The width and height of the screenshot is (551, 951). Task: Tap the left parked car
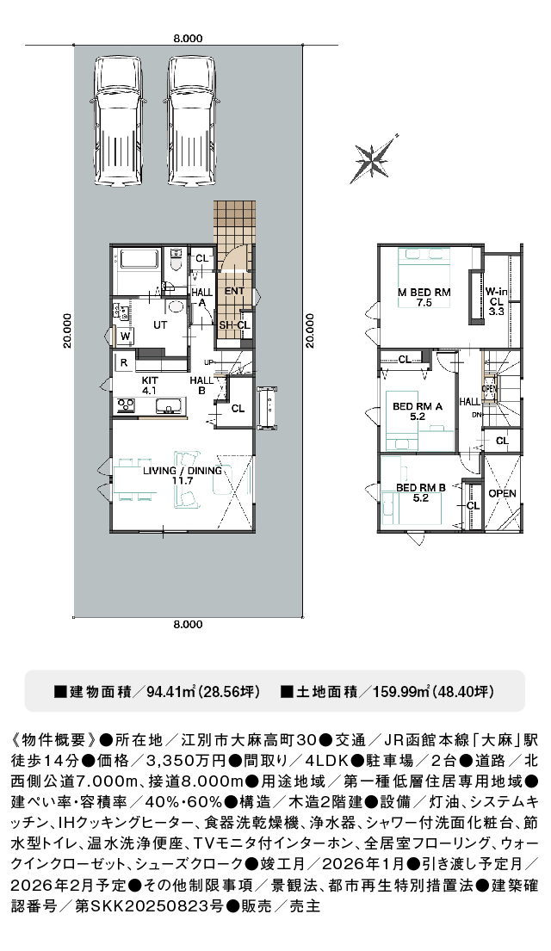tap(118, 121)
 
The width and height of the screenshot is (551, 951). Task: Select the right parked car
tap(192, 121)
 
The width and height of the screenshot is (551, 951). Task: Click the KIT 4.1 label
tap(150, 386)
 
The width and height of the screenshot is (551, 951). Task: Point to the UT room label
tap(160, 325)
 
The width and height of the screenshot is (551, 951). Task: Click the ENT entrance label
tap(234, 291)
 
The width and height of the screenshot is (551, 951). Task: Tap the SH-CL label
tap(234, 325)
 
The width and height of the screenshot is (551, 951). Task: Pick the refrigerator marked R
tap(124, 363)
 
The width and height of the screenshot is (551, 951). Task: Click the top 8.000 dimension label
tap(188, 38)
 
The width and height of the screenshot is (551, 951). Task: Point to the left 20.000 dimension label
tap(67, 330)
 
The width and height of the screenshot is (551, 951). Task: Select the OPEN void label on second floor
tap(503, 494)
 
